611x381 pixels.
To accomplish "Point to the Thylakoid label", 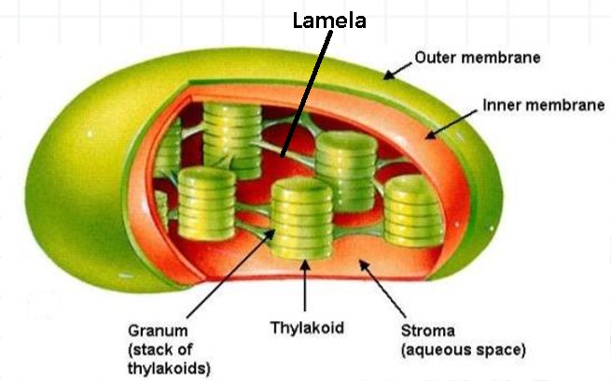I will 308,328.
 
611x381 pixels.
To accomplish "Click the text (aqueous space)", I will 463,350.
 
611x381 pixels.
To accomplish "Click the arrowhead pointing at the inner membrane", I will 431,136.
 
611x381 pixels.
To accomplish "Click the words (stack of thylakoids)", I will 168,359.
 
